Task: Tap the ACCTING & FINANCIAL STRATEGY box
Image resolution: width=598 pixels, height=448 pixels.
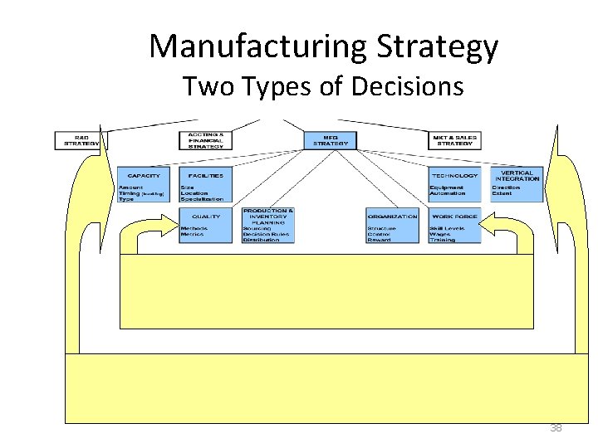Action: (x=205, y=140)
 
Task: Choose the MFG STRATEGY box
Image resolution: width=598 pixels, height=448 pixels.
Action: (x=329, y=140)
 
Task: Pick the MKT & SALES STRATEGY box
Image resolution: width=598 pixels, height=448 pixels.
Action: (x=454, y=140)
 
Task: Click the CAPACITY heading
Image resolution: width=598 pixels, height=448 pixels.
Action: (x=143, y=176)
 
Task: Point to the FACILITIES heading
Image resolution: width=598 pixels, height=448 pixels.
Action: (x=206, y=176)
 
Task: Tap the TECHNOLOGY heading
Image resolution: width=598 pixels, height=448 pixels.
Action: (x=454, y=176)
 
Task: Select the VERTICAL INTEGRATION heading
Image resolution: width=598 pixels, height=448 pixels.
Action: (x=517, y=176)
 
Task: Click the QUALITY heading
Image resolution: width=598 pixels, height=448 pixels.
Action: (x=205, y=217)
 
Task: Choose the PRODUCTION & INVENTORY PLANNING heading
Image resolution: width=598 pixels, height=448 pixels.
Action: (x=267, y=217)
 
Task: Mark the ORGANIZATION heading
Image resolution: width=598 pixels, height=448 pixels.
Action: (x=392, y=217)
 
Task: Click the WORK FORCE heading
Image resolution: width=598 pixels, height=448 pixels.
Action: (x=454, y=217)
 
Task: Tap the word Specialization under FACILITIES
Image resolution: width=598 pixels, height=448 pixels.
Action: (x=203, y=199)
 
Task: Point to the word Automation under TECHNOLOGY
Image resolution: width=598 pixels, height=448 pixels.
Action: (x=448, y=193)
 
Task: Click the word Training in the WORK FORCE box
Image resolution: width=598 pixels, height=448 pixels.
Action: (x=443, y=240)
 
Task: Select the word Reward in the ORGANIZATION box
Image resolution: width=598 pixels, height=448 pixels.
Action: (x=380, y=240)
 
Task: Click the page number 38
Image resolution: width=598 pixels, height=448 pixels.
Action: (x=556, y=428)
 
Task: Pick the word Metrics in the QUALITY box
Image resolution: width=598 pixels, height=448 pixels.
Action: (x=193, y=234)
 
